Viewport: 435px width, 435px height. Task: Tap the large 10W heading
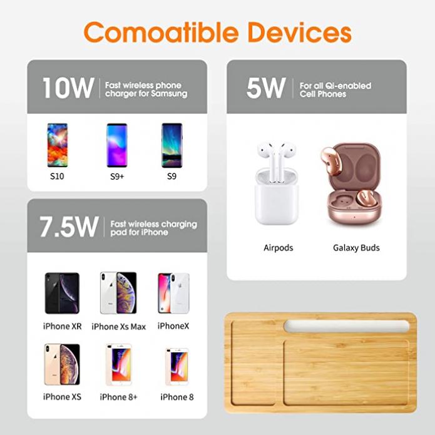[x=68, y=88]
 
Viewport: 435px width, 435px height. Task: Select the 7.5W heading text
[x=69, y=227]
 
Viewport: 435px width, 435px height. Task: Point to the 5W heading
[x=266, y=88]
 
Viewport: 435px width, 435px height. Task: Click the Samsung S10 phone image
[x=58, y=145]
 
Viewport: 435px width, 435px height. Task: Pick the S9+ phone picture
[x=117, y=145]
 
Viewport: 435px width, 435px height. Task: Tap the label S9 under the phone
[x=171, y=177]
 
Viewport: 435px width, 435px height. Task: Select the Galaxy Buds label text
[x=356, y=248]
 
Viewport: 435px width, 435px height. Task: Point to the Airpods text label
[x=279, y=248]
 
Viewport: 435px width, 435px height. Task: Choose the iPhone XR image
[x=62, y=293]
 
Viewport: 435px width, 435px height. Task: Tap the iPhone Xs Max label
[x=119, y=327]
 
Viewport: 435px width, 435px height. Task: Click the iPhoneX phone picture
[x=173, y=294]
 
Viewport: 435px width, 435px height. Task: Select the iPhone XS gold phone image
[x=62, y=364]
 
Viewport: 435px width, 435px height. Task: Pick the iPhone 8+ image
[x=119, y=364]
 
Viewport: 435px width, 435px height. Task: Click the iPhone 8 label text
[x=177, y=397]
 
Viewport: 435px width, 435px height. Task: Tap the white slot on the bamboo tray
[x=347, y=326]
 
